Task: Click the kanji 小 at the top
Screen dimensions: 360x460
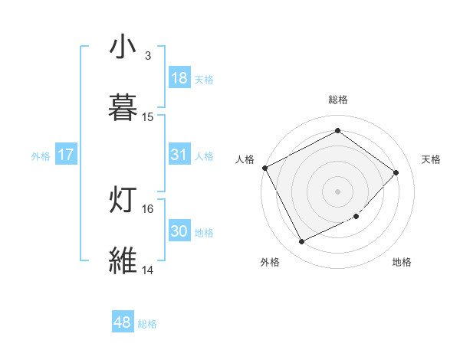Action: tap(123, 47)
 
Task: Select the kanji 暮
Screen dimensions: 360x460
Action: tap(123, 107)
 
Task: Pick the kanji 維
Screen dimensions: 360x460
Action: tap(123, 260)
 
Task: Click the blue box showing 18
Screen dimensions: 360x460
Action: tap(179, 78)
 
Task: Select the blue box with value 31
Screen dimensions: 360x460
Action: tap(179, 155)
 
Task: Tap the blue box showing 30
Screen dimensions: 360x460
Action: tap(179, 231)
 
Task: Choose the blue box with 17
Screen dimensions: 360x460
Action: tap(66, 155)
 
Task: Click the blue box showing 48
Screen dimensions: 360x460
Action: tap(123, 322)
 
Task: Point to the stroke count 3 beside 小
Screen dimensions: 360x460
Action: tap(148, 55)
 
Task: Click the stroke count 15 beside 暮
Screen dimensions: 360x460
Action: tap(148, 116)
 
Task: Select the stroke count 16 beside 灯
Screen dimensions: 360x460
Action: tap(148, 208)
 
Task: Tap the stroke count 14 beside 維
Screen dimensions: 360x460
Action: tap(148, 270)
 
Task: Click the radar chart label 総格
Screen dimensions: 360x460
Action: tap(338, 100)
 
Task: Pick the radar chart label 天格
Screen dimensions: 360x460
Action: tap(431, 159)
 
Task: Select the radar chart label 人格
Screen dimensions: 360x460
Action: tap(245, 159)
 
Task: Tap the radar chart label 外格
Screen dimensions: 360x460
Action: tap(269, 263)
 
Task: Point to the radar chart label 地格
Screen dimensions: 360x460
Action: tap(402, 263)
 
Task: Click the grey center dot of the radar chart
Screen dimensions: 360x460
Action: tap(338, 191)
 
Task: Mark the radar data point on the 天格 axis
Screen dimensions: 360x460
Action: tap(396, 172)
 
